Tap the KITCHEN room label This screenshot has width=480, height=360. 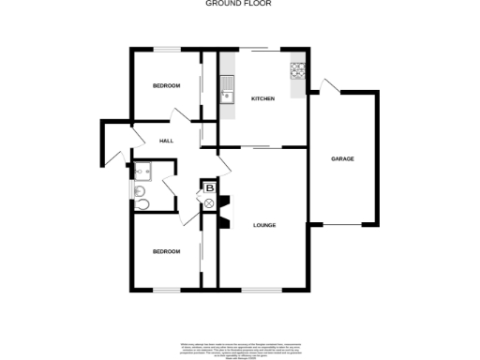point(262,98)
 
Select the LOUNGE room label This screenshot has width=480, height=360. point(264,225)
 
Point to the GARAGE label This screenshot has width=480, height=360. point(342,159)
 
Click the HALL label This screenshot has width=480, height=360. point(167,141)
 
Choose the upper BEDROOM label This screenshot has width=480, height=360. point(166,86)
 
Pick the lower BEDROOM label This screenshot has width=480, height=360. point(166,251)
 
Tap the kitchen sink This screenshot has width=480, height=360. point(226,92)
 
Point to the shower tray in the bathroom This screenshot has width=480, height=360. point(143,172)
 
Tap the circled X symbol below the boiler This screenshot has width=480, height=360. point(210,206)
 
